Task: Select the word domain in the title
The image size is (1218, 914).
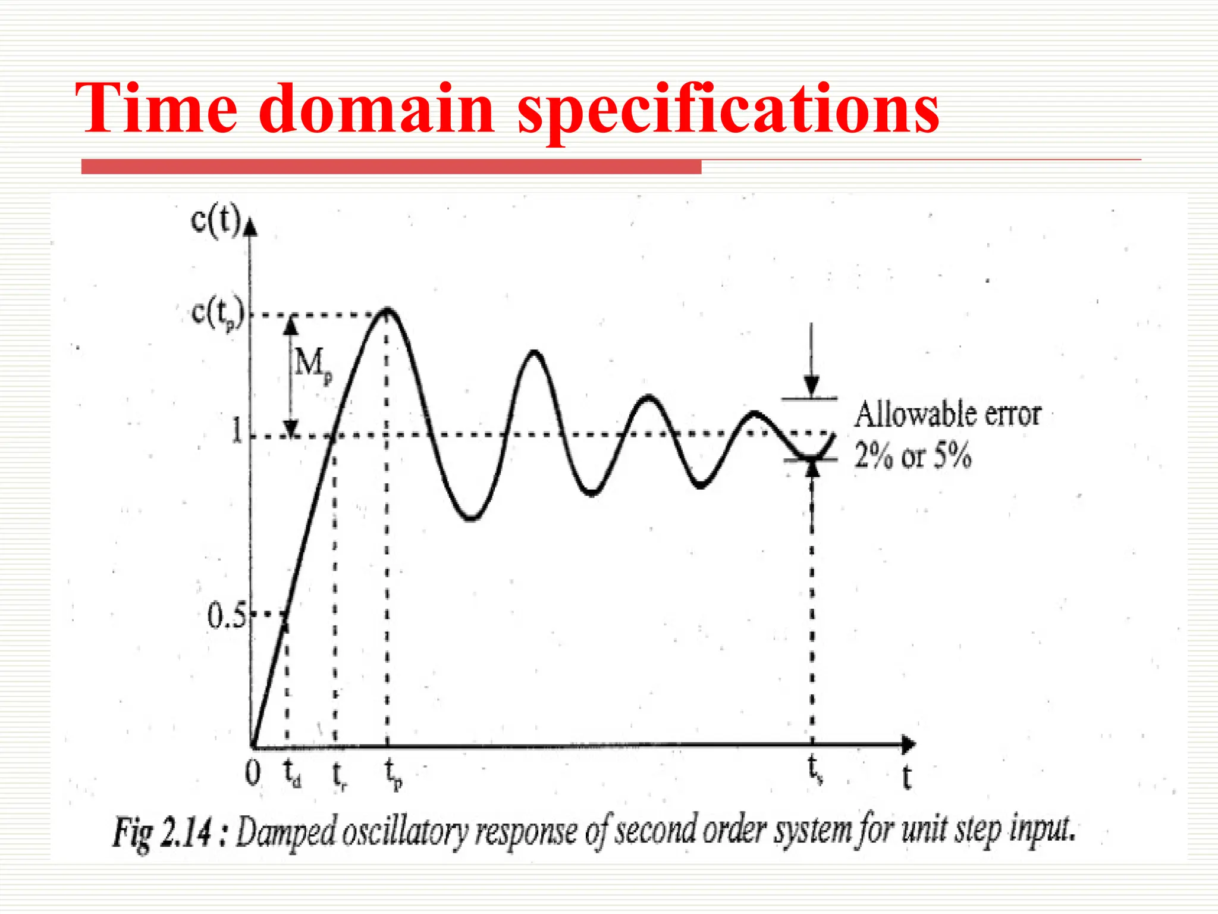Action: click(376, 108)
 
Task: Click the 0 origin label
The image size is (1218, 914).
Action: click(253, 773)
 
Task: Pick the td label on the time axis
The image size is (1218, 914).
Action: click(291, 774)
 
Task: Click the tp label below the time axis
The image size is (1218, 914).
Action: click(393, 774)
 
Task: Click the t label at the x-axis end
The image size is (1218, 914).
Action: click(906, 777)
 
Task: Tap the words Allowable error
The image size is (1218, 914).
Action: click(947, 414)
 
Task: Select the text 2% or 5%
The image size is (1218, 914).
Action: click(913, 456)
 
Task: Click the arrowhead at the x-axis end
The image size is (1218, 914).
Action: click(909, 744)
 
